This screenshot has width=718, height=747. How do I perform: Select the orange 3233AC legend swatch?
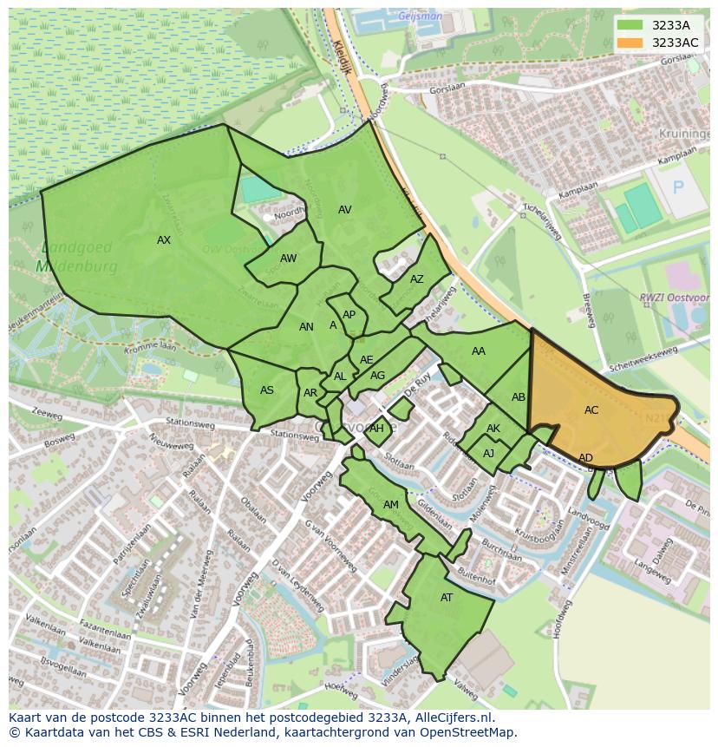click(631, 43)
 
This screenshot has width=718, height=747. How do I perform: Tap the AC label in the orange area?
click(591, 410)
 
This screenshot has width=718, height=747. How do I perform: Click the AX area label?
click(164, 240)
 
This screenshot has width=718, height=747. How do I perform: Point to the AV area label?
click(345, 210)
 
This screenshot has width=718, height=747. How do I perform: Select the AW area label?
click(288, 259)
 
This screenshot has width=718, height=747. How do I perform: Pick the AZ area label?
click(417, 279)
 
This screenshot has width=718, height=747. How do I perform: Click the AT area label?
click(447, 598)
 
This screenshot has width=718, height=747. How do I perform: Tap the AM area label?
click(391, 505)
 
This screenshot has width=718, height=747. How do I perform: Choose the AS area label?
click(267, 390)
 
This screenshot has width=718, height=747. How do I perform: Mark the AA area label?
click(479, 351)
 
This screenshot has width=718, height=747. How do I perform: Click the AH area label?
click(376, 429)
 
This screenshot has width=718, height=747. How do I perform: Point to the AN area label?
click(306, 327)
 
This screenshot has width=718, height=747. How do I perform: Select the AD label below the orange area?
click(586, 458)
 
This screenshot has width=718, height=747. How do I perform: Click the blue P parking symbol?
click(678, 187)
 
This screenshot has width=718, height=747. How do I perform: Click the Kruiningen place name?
click(684, 134)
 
